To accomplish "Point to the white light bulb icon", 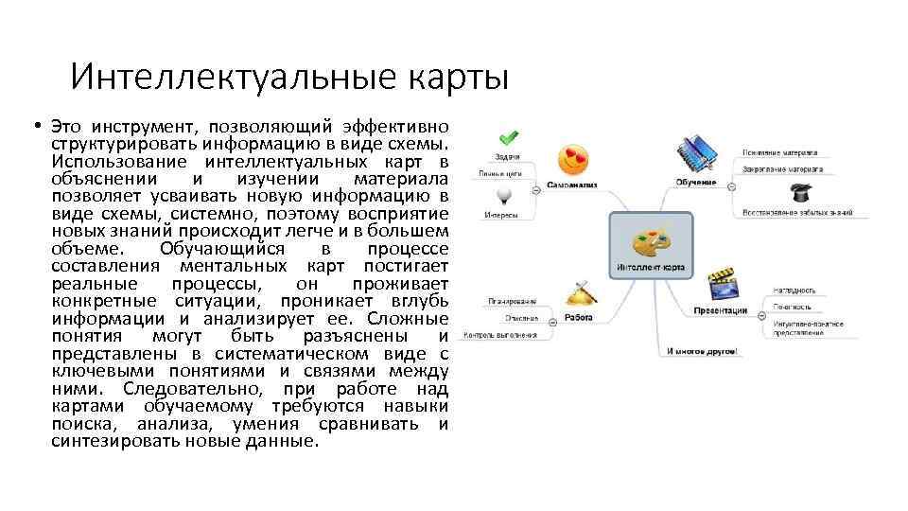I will tap(506, 194).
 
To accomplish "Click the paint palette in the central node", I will tap(650, 240).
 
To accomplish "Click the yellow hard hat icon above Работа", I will tap(579, 292).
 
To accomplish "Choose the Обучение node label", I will tap(695, 182).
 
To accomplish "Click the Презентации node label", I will tap(721, 310).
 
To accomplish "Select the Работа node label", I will tap(579, 318).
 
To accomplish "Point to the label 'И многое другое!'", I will tap(701, 351).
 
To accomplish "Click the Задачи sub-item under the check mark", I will tap(506, 156).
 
